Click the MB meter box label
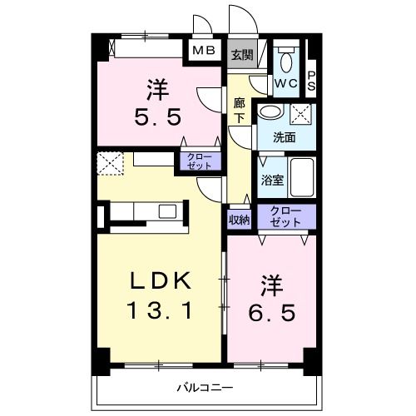tap(204, 51)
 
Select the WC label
tap(285, 83)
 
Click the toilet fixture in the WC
tap(286, 62)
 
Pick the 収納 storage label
tap(240, 219)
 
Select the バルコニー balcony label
tap(203, 387)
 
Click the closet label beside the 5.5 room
tap(199, 161)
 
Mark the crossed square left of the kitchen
tap(110, 163)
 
